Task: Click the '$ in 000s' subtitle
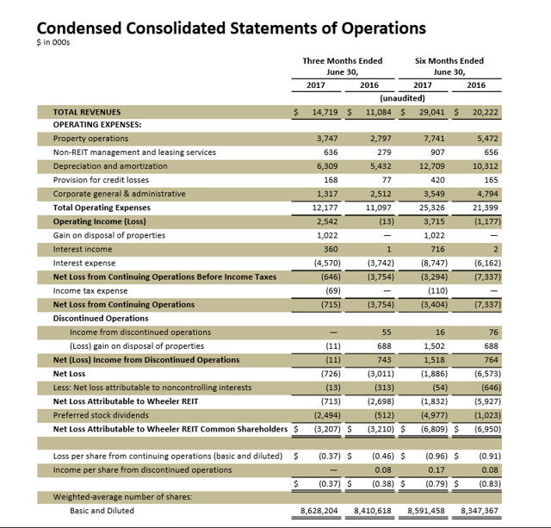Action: pos(54,46)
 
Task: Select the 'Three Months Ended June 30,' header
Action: pos(342,66)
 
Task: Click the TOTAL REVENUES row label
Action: pos(87,112)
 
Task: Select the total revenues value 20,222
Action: pos(481,112)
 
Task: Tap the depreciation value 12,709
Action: pos(430,166)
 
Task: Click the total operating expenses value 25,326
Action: pos(430,208)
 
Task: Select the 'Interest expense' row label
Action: pos(84,263)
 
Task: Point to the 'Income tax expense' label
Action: pos(89,290)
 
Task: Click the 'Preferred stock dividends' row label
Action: pos(102,414)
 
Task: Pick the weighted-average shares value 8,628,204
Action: pos(319,511)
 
